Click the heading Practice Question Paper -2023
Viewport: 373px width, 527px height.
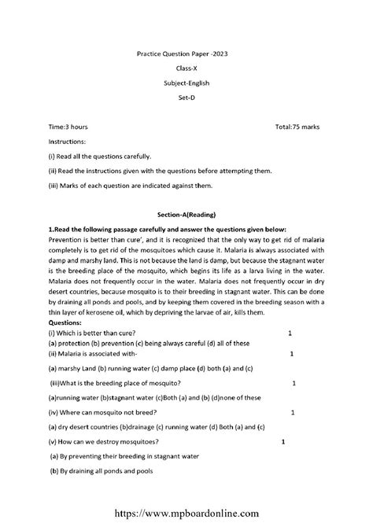point(186,53)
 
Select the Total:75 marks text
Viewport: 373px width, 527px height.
point(297,127)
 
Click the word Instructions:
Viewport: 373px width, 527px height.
point(71,142)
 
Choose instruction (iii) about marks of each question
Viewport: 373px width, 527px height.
point(130,186)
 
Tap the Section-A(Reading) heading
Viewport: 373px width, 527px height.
point(186,215)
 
